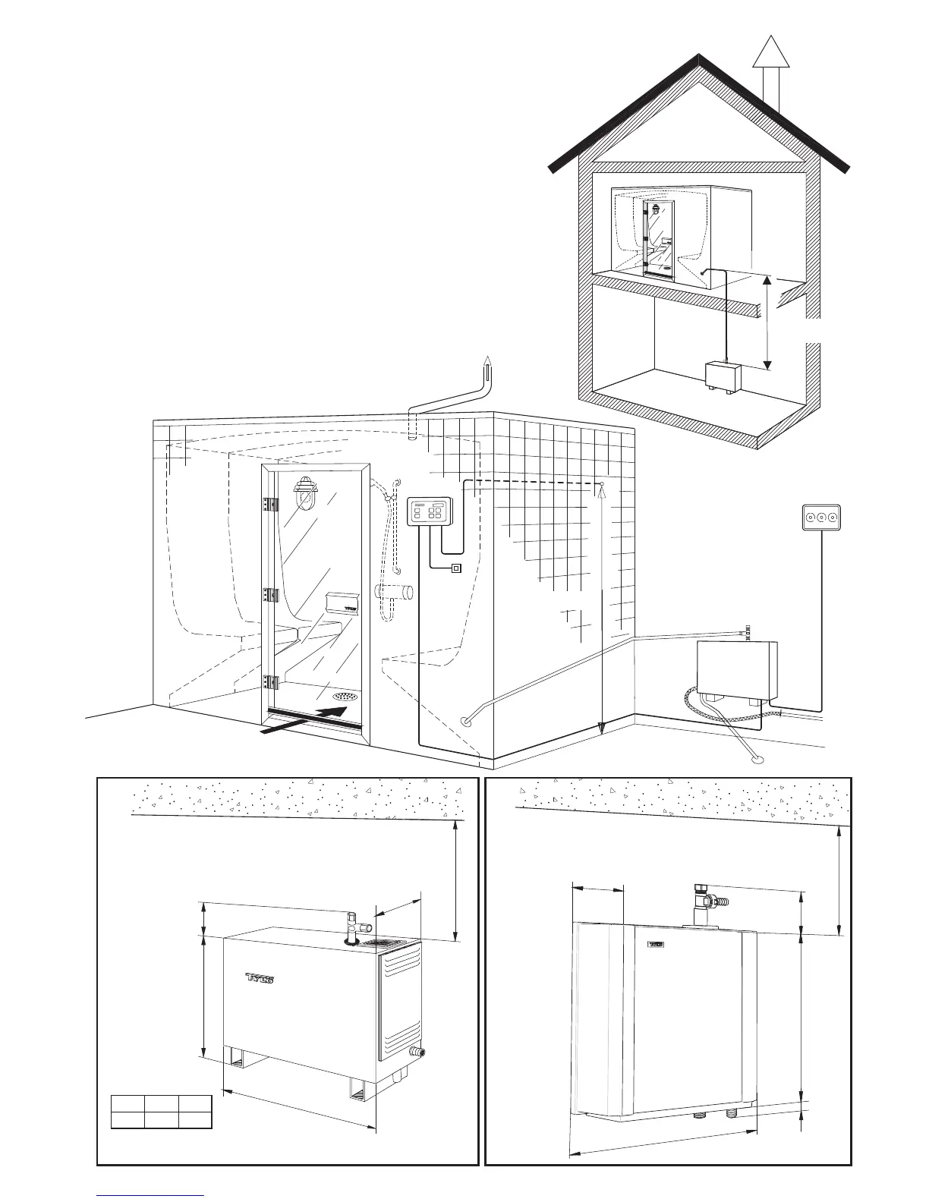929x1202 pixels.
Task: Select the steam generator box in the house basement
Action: pos(727,375)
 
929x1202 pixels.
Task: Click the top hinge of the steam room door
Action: pos(267,505)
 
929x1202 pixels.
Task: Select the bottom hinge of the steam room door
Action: pos(267,682)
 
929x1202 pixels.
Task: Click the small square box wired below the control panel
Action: pos(455,568)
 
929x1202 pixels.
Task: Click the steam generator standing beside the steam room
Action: pos(737,671)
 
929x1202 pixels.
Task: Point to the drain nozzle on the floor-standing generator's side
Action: pos(417,1052)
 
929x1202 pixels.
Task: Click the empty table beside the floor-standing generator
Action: pos(162,1112)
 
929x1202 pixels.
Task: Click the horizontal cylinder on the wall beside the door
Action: pos(395,593)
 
